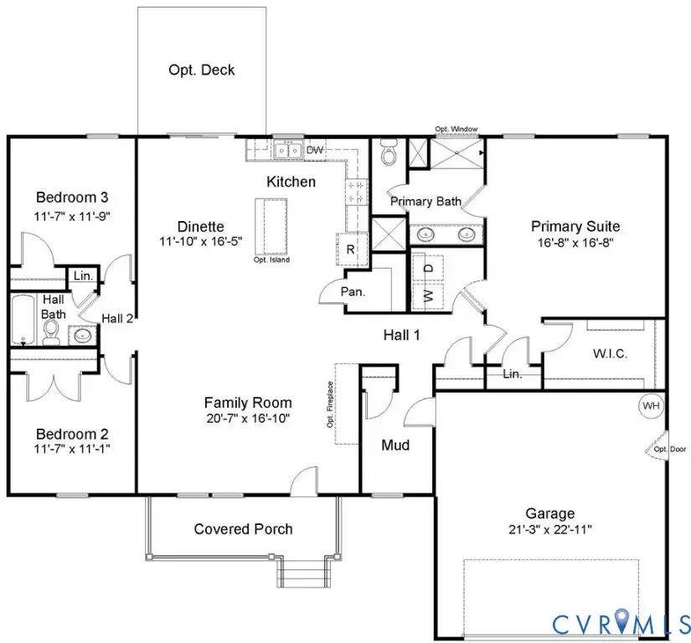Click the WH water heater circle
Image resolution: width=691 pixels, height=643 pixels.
pyautogui.click(x=651, y=405)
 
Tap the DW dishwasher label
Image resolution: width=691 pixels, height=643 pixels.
pyautogui.click(x=315, y=150)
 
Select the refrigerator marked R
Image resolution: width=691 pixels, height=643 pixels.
pyautogui.click(x=352, y=249)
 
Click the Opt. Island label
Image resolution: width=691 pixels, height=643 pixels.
pyautogui.click(x=271, y=260)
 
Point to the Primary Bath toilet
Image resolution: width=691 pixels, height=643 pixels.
pyautogui.click(x=389, y=152)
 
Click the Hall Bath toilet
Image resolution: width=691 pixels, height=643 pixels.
pyautogui.click(x=51, y=332)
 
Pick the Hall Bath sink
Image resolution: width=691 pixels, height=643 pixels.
pyautogui.click(x=82, y=336)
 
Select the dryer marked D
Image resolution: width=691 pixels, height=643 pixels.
pyautogui.click(x=428, y=268)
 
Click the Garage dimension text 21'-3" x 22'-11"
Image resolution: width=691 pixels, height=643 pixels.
pyautogui.click(x=550, y=529)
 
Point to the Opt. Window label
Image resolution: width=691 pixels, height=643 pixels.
pyautogui.click(x=456, y=129)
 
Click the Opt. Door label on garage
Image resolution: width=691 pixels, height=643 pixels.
pyautogui.click(x=670, y=450)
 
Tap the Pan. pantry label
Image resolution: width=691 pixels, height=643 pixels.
pyautogui.click(x=353, y=291)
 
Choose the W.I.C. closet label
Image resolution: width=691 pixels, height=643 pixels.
pyautogui.click(x=610, y=353)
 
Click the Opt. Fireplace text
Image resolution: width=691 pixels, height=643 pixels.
pyautogui.click(x=330, y=404)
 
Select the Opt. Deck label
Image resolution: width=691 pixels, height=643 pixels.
pyautogui.click(x=201, y=70)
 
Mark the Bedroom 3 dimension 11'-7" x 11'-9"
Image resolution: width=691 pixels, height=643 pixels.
pyautogui.click(x=72, y=216)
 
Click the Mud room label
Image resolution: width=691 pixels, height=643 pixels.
pyautogui.click(x=395, y=445)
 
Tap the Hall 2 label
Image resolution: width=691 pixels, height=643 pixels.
pyautogui.click(x=117, y=318)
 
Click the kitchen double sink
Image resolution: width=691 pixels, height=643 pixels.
pyautogui.click(x=288, y=151)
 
